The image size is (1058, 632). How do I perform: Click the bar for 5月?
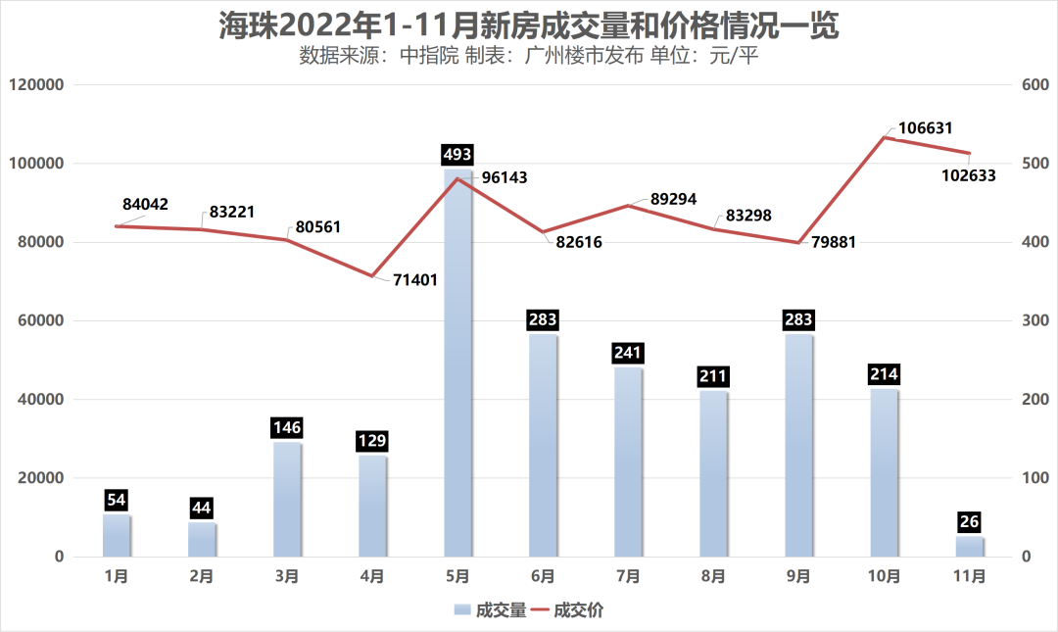click(x=457, y=363)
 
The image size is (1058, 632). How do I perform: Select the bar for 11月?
click(x=970, y=547)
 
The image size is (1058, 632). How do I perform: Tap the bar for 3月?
click(x=287, y=500)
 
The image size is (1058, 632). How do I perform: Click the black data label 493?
click(x=457, y=155)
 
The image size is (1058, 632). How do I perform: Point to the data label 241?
click(x=628, y=353)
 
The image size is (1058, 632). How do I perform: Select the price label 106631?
click(x=926, y=128)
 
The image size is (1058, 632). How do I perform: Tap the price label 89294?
click(x=673, y=199)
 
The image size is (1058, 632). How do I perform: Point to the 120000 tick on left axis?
click(x=36, y=85)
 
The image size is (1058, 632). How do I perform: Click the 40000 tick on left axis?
click(x=40, y=400)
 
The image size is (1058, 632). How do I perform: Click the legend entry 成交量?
click(x=490, y=610)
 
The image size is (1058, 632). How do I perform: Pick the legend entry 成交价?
click(x=568, y=610)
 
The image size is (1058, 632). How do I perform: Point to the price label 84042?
click(x=146, y=205)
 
